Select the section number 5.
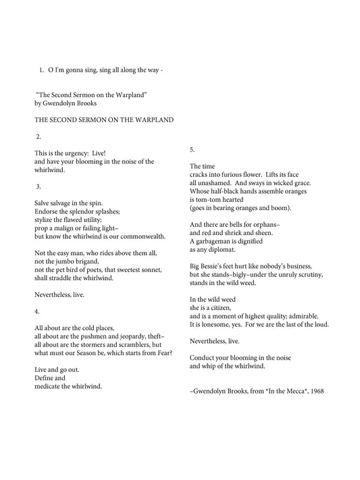(192, 149)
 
